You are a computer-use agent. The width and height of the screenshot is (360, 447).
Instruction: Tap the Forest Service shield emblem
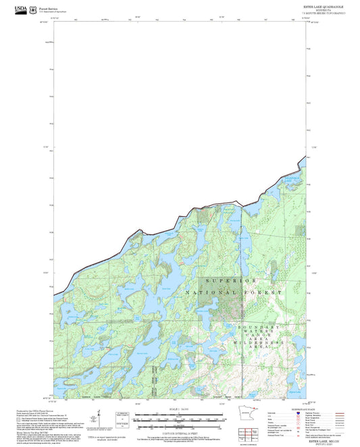coord(35,9)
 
